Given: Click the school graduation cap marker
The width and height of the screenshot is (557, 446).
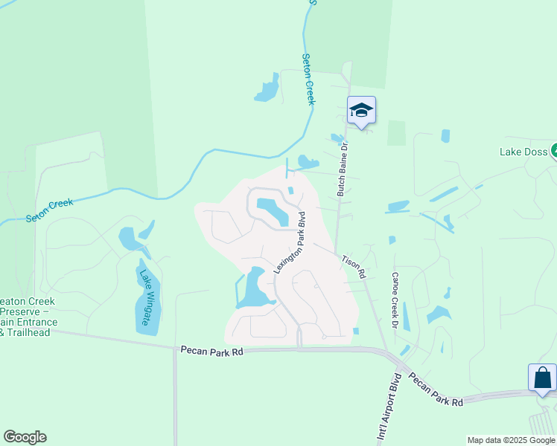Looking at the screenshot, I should click(361, 111).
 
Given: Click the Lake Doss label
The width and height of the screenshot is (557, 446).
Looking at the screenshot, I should click(523, 152).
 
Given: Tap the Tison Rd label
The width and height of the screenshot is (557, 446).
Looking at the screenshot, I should click(354, 267).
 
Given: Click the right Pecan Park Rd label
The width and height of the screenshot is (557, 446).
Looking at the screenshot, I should click(435, 389).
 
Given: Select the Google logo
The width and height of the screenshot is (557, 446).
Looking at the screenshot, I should click(25, 437).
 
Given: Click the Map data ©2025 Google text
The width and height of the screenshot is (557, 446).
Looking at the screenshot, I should click(511, 440).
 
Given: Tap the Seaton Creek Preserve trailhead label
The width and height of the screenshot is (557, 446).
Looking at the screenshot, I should click(28, 317).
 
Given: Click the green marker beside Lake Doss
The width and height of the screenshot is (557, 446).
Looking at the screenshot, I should click(554, 152).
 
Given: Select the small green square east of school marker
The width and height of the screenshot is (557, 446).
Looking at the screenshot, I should click(396, 132).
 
